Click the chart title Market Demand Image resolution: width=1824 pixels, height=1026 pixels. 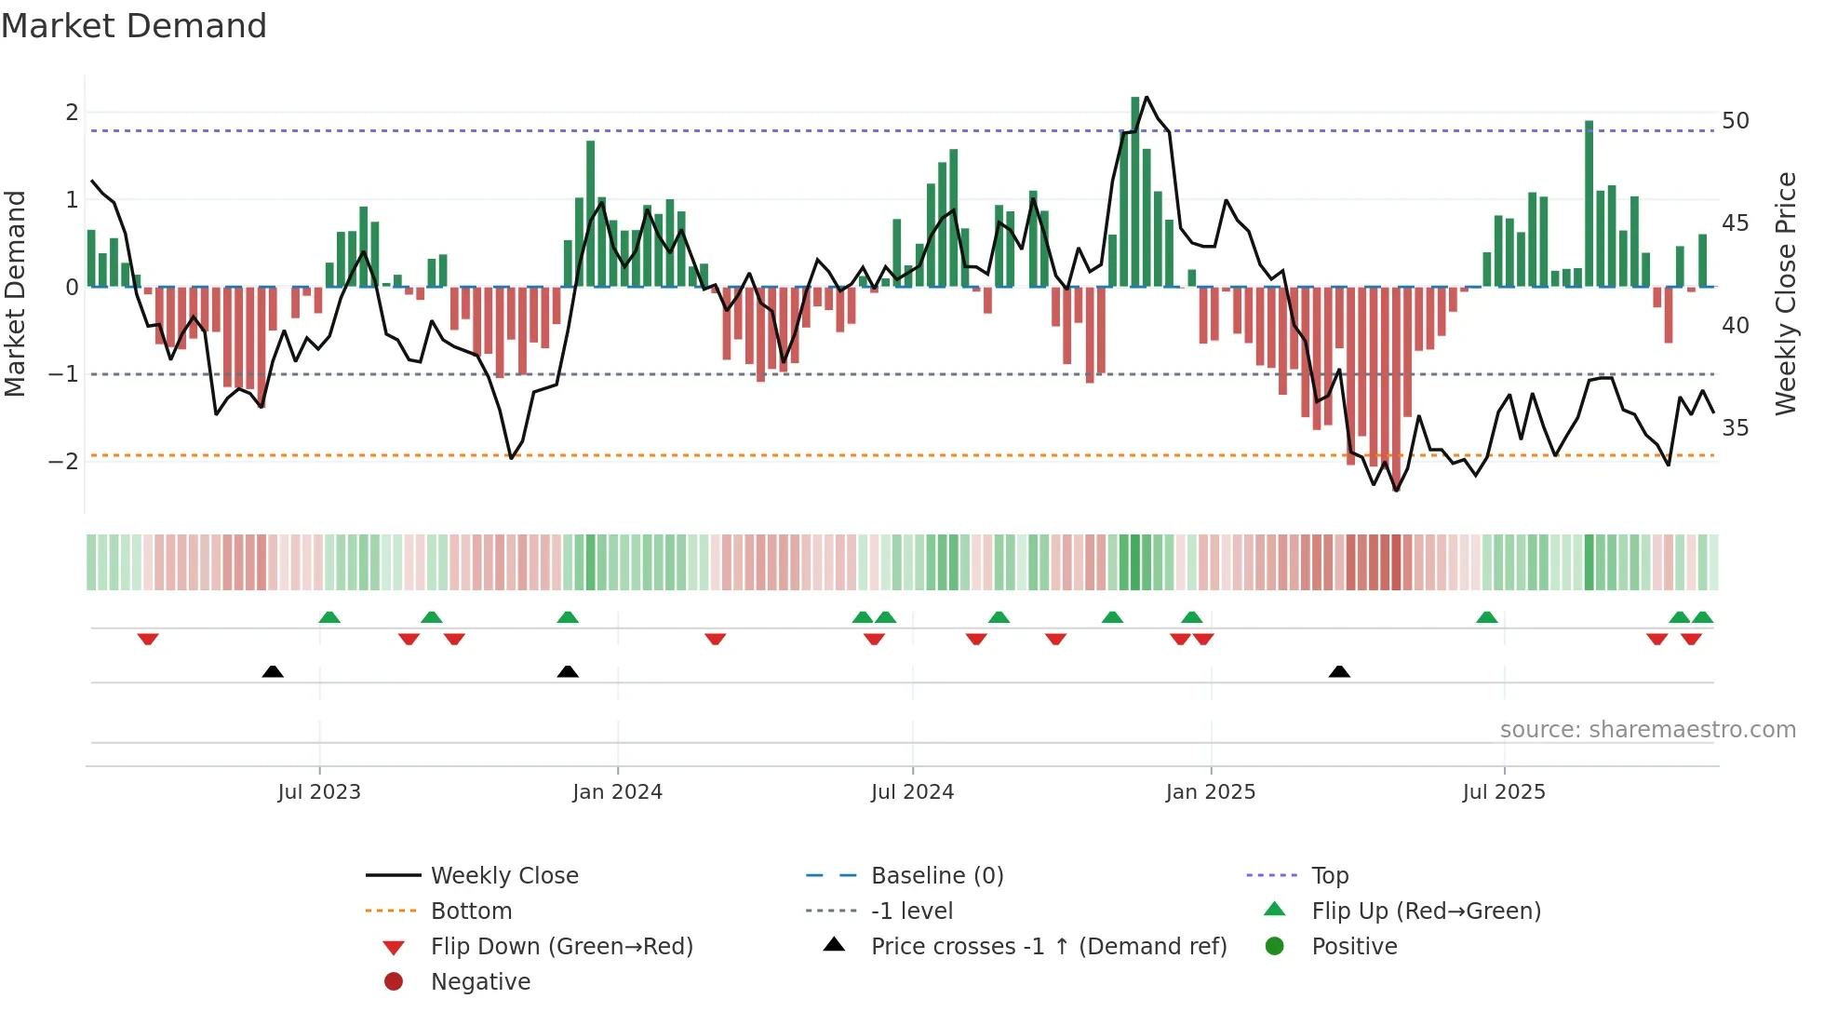(x=134, y=26)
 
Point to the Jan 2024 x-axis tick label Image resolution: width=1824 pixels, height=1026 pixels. (x=617, y=792)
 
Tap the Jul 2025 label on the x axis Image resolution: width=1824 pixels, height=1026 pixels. (x=1504, y=792)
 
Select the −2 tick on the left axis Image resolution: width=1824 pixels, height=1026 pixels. (x=63, y=462)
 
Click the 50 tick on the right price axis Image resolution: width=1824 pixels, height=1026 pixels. (x=1736, y=121)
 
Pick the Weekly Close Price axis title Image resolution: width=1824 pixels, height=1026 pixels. (x=1785, y=293)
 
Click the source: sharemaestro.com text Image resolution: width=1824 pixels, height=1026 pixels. (x=1647, y=730)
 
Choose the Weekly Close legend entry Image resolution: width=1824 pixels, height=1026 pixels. (x=504, y=876)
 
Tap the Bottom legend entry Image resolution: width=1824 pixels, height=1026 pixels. (x=471, y=911)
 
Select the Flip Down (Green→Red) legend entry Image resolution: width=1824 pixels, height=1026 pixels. (x=561, y=947)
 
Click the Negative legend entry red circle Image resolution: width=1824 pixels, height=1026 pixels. (x=394, y=982)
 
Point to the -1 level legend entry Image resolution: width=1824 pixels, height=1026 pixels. (x=912, y=911)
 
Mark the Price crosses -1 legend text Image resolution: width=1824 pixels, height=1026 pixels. (x=1049, y=947)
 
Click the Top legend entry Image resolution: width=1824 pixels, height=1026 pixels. (x=1330, y=876)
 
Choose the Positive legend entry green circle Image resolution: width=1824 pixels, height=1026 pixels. (x=1275, y=947)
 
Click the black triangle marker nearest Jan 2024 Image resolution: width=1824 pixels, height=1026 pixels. (x=568, y=672)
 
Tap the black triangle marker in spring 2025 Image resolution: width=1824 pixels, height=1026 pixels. (x=1339, y=672)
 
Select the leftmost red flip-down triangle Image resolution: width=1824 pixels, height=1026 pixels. (x=148, y=639)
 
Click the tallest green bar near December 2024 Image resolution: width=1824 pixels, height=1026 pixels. (x=1135, y=191)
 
